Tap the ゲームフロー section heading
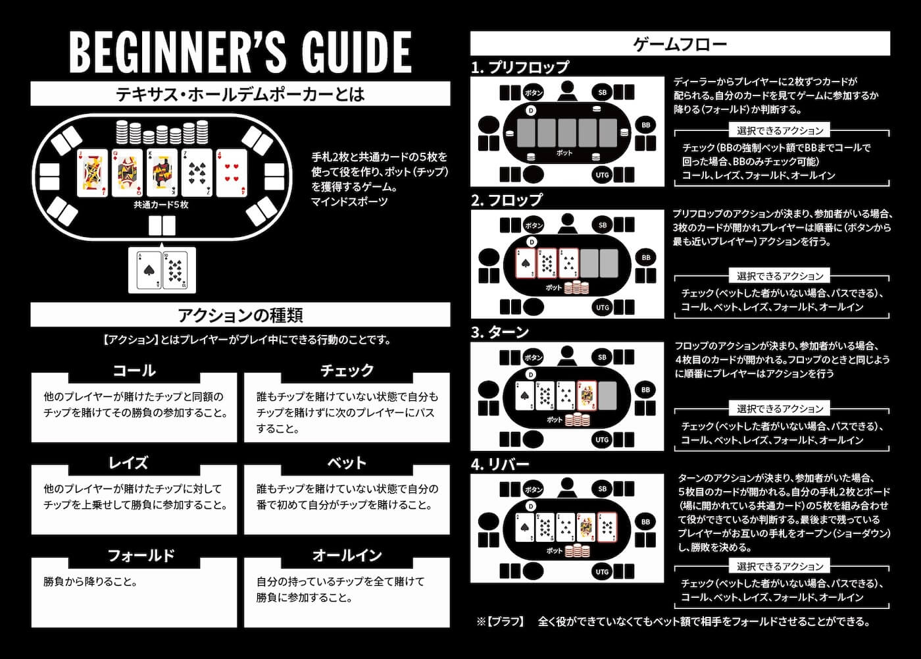(680, 44)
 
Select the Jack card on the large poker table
(92, 172)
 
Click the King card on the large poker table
(162, 172)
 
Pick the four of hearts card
(232, 172)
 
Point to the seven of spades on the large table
(197, 172)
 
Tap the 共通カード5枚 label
(161, 205)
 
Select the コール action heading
(134, 371)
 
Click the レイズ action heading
(128, 463)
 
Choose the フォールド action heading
(141, 556)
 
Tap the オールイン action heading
(347, 556)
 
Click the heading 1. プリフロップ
(520, 67)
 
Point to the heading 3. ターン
(500, 332)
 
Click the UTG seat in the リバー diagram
(603, 571)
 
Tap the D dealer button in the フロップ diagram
(532, 242)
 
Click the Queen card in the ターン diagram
(586, 396)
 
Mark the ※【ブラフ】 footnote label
(501, 621)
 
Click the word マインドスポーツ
(349, 202)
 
